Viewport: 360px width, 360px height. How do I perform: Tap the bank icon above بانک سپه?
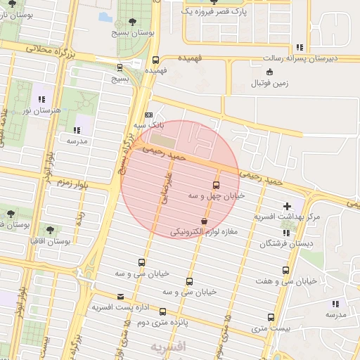click(148, 115)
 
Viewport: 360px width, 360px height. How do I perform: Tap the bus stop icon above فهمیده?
click(155, 60)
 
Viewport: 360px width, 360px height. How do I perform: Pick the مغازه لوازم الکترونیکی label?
click(205, 231)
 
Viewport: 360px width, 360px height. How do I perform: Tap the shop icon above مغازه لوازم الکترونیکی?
click(204, 221)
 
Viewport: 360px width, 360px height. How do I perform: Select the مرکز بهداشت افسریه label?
click(289, 217)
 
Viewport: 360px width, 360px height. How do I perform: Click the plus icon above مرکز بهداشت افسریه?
click(286, 206)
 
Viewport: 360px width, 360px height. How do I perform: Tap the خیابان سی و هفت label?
click(288, 281)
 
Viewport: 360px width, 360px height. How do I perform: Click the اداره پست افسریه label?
click(120, 307)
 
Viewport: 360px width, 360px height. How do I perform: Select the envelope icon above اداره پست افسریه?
click(121, 297)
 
